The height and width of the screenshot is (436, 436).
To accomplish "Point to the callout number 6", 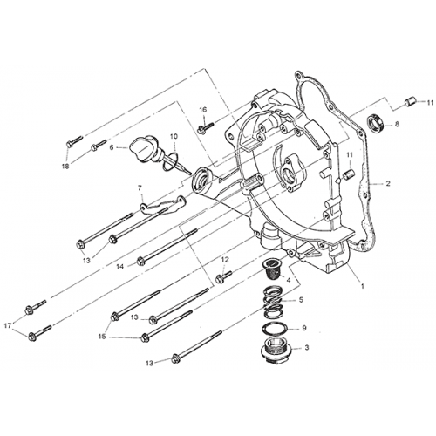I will pyautogui.click(x=112, y=148).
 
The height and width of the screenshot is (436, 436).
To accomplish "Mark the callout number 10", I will pyautogui.click(x=174, y=136).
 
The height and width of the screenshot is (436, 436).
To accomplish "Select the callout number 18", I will pyautogui.click(x=65, y=165).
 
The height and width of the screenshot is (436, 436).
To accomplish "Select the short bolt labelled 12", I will pyautogui.click(x=221, y=278).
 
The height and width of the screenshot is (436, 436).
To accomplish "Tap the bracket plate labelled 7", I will pyautogui.click(x=163, y=206).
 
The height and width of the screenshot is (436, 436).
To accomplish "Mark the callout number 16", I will pyautogui.click(x=202, y=110).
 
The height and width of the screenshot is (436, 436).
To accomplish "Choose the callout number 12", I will pyautogui.click(x=224, y=259).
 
